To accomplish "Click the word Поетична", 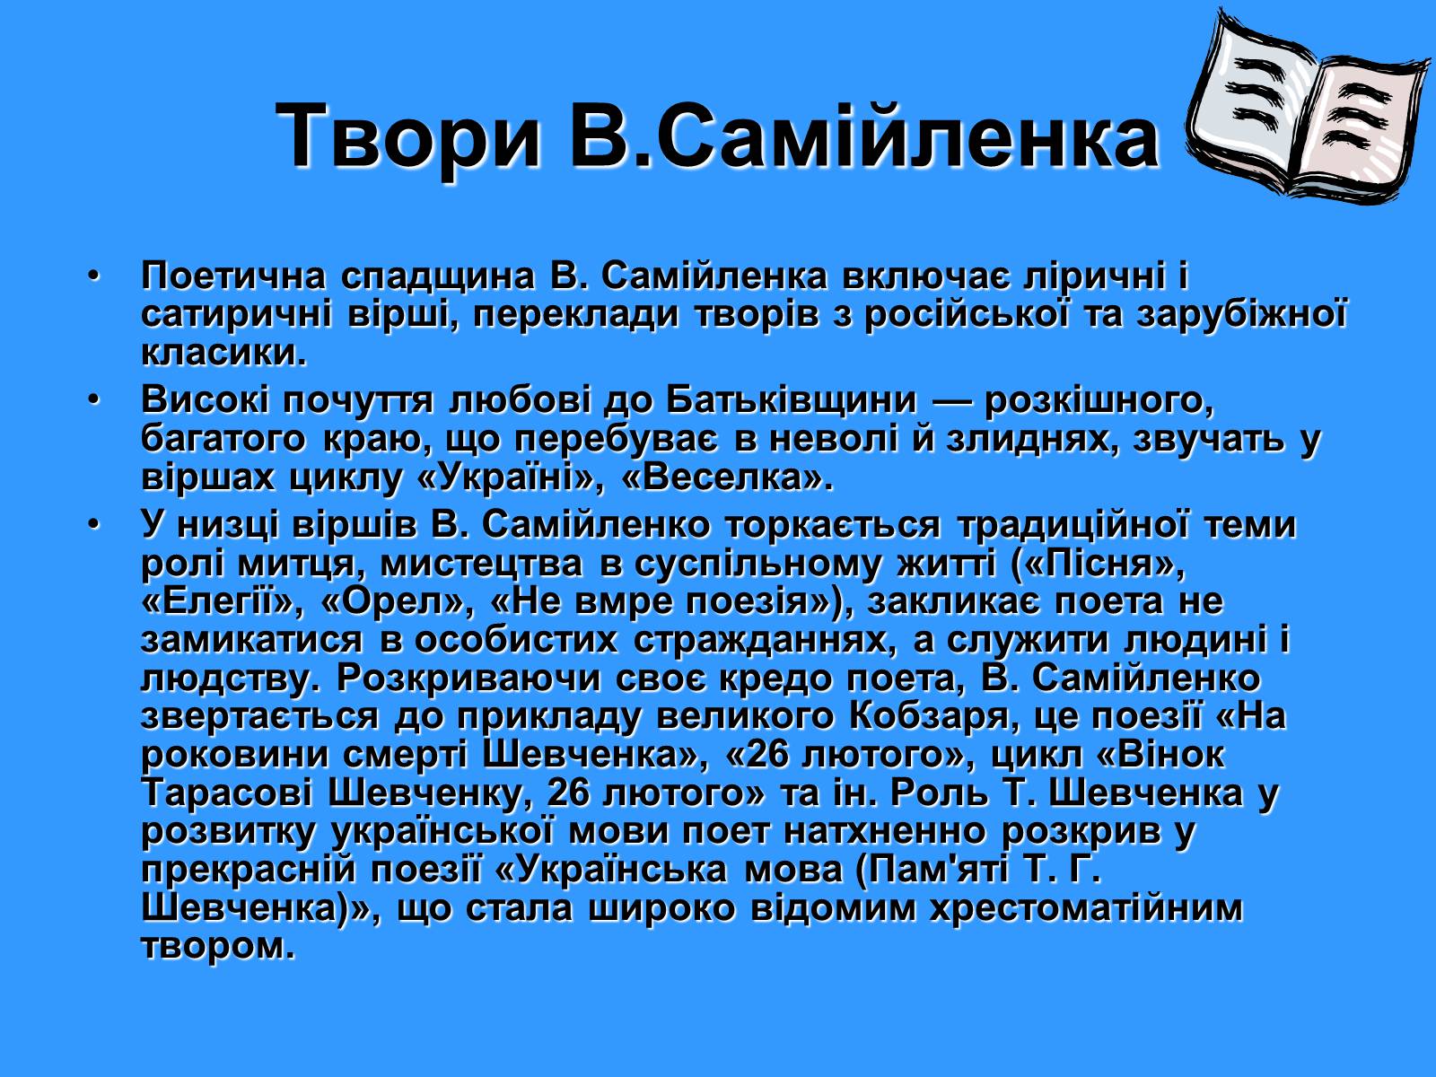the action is coord(232,276).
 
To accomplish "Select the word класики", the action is coord(223,353).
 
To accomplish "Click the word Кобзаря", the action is coord(934,717).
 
